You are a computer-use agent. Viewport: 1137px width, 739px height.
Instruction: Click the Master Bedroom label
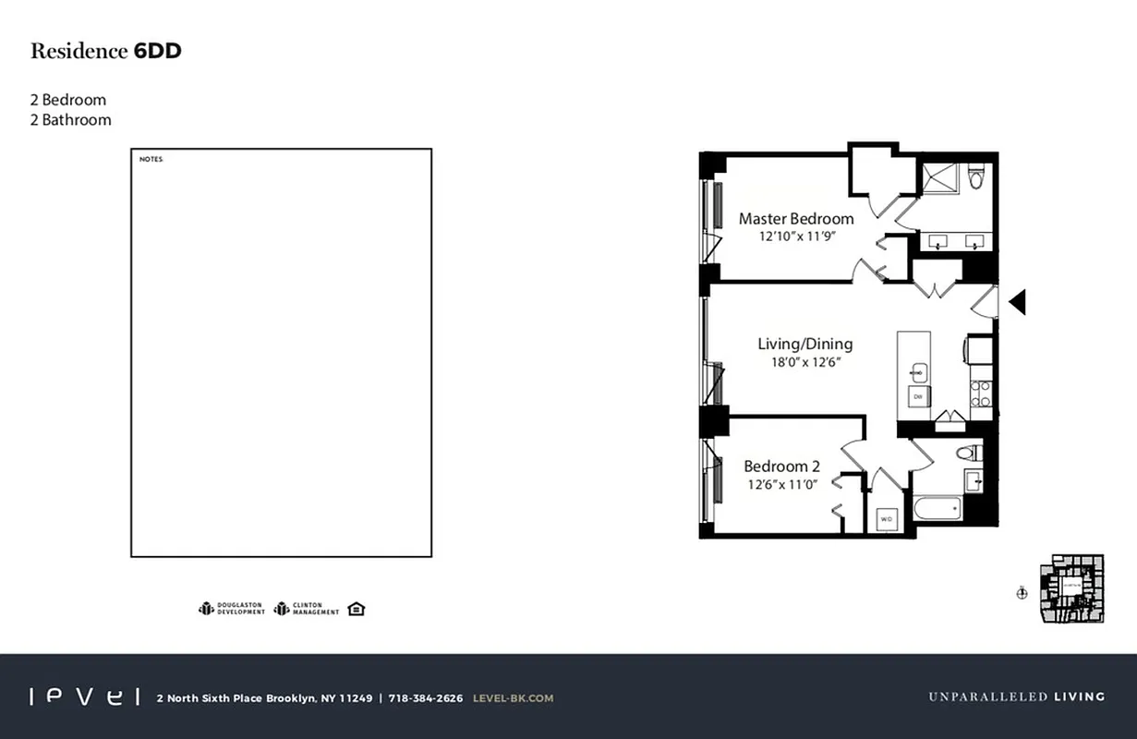[795, 219]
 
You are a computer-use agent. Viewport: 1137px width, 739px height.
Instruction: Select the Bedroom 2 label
[781, 466]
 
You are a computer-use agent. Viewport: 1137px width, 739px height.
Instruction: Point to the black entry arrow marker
[1017, 301]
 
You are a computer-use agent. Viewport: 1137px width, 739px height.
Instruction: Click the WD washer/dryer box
[887, 519]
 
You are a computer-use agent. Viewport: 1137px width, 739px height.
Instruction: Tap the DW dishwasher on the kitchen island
[917, 396]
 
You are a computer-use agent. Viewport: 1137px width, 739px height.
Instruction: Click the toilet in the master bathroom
[976, 176]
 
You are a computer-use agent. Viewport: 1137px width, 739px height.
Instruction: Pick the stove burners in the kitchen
[981, 394]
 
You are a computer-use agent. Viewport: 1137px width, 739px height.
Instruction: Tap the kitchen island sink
[917, 373]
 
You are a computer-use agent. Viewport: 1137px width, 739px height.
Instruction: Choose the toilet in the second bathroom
[967, 453]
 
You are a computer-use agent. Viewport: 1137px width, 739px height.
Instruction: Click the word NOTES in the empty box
[151, 160]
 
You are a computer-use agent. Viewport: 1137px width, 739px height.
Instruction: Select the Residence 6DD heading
[105, 51]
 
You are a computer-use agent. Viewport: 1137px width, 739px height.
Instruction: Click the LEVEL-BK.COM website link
[513, 698]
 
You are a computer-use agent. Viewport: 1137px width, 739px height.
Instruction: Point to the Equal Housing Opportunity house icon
[356, 609]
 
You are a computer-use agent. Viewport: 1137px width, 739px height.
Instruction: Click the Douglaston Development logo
[232, 609]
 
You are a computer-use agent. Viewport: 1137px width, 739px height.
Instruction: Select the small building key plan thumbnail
[1071, 588]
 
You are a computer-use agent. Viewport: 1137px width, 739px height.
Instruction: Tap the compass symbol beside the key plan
[1022, 594]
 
